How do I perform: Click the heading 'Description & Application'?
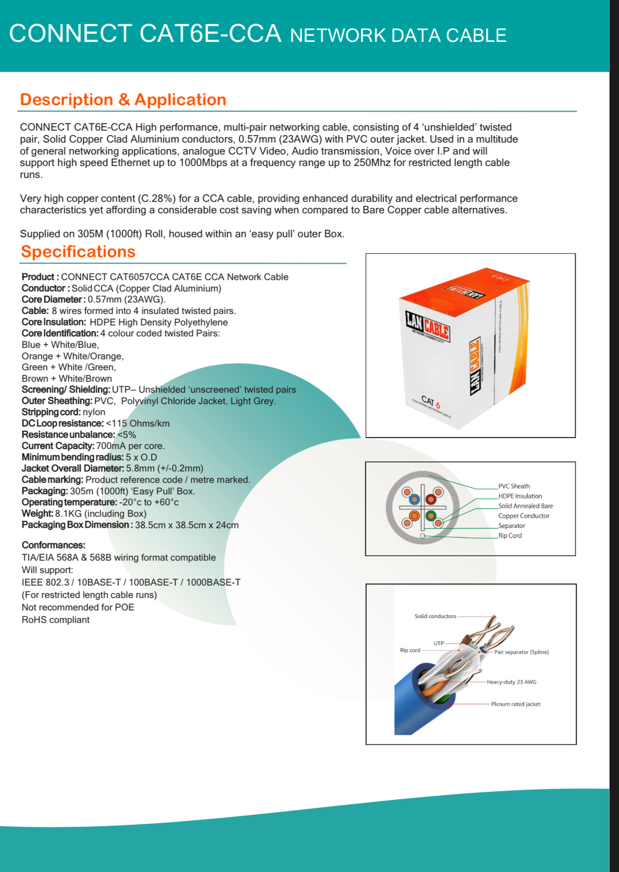(x=123, y=100)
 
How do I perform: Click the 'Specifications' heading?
(x=78, y=252)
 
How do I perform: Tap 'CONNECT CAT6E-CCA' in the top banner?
(x=145, y=34)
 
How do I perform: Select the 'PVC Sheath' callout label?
(x=514, y=486)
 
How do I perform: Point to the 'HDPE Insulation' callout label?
(x=520, y=496)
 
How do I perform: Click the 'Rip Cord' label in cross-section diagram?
(x=510, y=536)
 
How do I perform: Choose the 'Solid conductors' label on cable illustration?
(x=435, y=616)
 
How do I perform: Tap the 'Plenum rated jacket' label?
(x=515, y=704)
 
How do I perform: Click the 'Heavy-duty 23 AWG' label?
(x=511, y=682)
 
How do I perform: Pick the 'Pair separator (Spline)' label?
(x=521, y=652)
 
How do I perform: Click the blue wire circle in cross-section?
(x=414, y=499)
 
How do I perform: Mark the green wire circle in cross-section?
(x=431, y=516)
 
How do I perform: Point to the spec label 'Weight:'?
(x=37, y=514)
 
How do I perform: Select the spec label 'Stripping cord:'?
(x=51, y=412)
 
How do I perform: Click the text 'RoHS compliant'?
(x=55, y=620)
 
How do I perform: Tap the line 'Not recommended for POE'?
(x=78, y=607)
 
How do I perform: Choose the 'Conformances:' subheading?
(x=53, y=545)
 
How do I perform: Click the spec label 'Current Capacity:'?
(x=58, y=446)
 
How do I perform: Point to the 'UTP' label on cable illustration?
(x=439, y=643)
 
